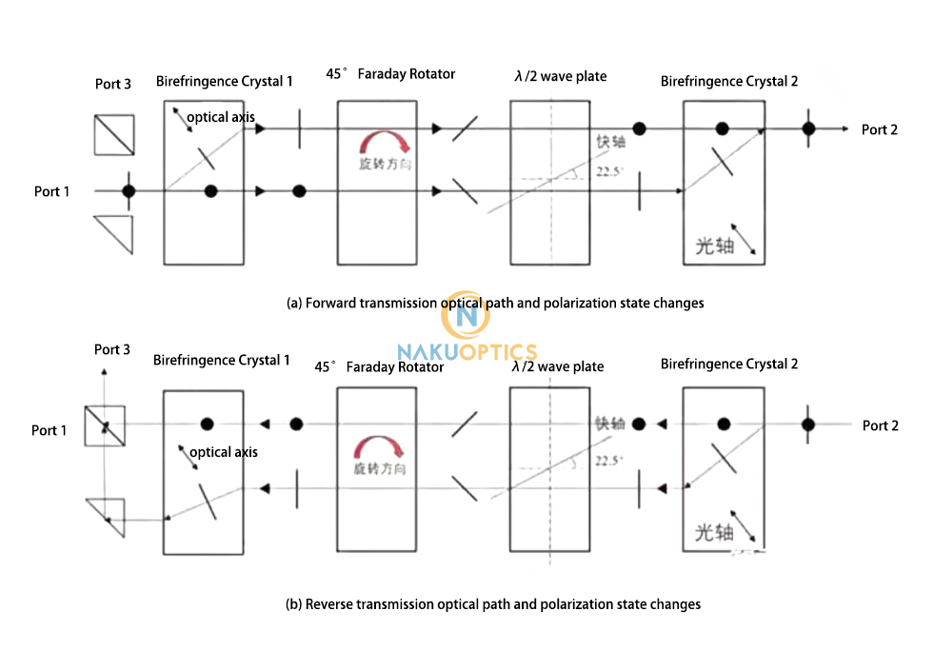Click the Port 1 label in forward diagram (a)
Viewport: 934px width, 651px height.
pos(52,191)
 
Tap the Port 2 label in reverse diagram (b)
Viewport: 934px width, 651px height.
pos(880,425)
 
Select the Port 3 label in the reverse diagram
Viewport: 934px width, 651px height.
pos(112,349)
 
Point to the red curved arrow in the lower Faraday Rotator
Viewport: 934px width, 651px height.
pos(378,447)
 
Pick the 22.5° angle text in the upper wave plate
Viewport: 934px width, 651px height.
pos(609,172)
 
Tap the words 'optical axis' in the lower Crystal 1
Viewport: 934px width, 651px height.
pos(223,452)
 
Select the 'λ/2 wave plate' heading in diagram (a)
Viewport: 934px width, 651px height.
pos(559,76)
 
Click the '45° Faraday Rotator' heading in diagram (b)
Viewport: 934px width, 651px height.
pos(380,366)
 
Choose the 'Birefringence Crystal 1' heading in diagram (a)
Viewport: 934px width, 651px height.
pos(225,82)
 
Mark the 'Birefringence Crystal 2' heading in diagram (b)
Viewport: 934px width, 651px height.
pos(729,364)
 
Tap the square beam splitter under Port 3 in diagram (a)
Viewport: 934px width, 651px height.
pos(114,134)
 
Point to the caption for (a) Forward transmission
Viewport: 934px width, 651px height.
pos(495,303)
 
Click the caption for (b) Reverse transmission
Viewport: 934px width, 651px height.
pos(493,603)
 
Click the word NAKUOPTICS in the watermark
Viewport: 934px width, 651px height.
pos(467,352)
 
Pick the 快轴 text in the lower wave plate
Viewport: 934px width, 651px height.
pos(609,424)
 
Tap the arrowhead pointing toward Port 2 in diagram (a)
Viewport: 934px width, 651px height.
pos(843,128)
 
